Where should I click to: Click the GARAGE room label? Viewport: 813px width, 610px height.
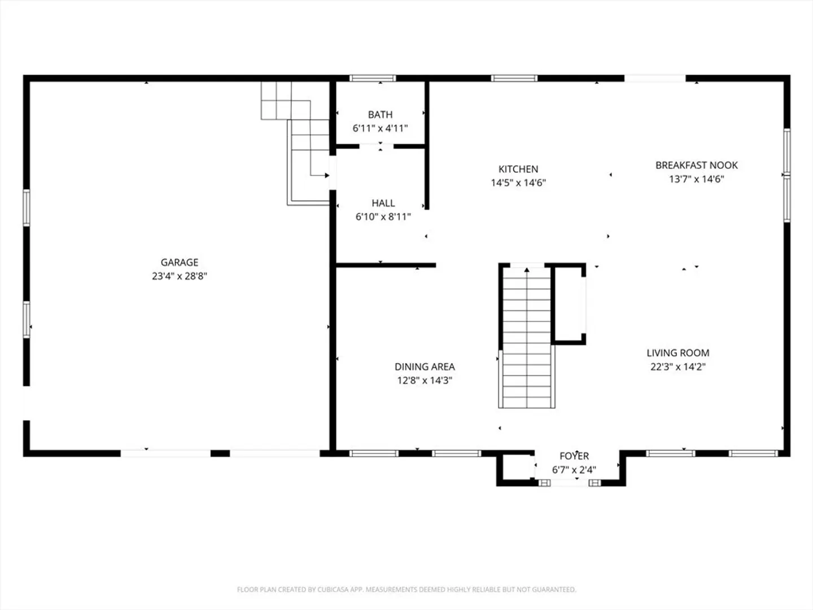point(180,262)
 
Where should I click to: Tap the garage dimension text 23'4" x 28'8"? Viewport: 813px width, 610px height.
point(180,276)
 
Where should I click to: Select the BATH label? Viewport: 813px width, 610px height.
point(380,115)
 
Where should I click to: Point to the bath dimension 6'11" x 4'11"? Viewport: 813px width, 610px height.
point(380,128)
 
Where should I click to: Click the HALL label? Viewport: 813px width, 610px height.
point(383,203)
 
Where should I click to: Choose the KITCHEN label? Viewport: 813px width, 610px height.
point(518,169)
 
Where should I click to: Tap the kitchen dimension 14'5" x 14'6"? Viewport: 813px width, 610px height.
point(518,182)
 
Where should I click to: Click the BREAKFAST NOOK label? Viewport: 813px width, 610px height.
point(696,165)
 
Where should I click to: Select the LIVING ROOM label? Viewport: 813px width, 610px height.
point(678,353)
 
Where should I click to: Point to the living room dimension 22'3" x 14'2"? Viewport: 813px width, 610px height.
point(678,367)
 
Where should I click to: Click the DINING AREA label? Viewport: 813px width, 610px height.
point(425,367)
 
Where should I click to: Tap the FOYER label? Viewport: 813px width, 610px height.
point(574,456)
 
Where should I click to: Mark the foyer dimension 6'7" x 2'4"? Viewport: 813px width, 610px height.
point(574,469)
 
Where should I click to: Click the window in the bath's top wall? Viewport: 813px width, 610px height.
point(373,78)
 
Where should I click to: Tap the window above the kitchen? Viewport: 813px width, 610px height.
point(514,78)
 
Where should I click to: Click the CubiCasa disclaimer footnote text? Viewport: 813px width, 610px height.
point(406,589)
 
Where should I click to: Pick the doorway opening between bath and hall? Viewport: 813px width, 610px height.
point(377,147)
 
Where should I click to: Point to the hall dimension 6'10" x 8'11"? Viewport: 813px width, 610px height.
point(383,217)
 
